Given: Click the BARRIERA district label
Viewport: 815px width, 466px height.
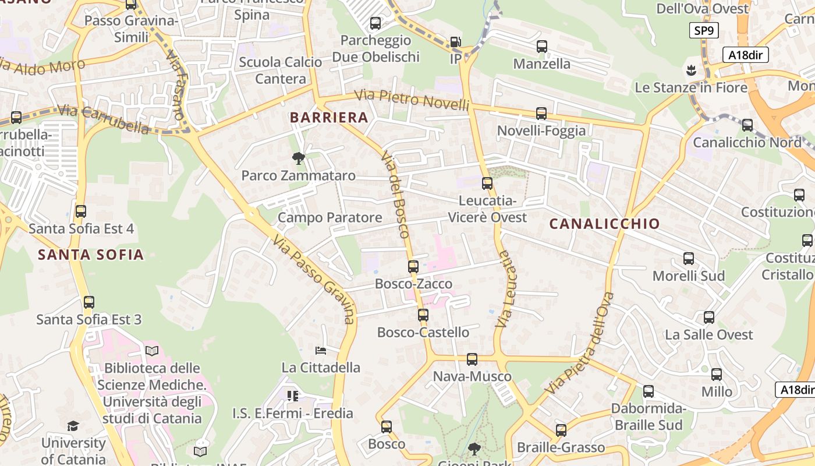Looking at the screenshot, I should tap(329, 118).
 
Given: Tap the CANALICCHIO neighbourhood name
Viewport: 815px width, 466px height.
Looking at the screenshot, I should tap(604, 224).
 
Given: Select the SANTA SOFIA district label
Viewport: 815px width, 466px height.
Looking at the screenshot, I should tap(91, 255).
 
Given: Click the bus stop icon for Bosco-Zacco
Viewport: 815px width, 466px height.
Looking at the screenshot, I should tap(413, 267).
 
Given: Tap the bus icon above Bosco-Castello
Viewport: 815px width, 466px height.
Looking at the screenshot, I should tap(423, 315).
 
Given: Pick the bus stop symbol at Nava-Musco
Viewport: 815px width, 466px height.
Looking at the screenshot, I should tap(472, 359).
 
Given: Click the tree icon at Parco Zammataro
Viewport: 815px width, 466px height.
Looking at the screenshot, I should tap(299, 158).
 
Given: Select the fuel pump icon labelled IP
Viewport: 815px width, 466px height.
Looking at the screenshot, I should tap(455, 42).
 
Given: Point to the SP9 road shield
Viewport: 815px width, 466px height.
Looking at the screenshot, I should tap(704, 30).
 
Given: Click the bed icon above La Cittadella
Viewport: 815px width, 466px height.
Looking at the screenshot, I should tap(320, 350).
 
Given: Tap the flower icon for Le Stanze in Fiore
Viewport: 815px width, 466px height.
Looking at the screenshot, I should tap(691, 70).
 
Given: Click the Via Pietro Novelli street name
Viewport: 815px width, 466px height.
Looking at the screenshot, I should tap(412, 100).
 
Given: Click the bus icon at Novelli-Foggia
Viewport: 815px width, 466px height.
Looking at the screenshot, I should tap(541, 114).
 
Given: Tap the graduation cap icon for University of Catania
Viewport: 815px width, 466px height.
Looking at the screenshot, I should tap(73, 426).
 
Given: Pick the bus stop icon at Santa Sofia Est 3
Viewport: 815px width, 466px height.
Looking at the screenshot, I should tap(89, 302).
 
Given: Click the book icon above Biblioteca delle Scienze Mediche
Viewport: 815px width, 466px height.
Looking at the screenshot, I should tap(152, 351).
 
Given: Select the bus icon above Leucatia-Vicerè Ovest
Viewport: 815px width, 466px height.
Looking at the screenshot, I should tap(487, 183).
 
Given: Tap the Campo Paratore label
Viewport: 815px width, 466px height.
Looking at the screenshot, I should tap(329, 218).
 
